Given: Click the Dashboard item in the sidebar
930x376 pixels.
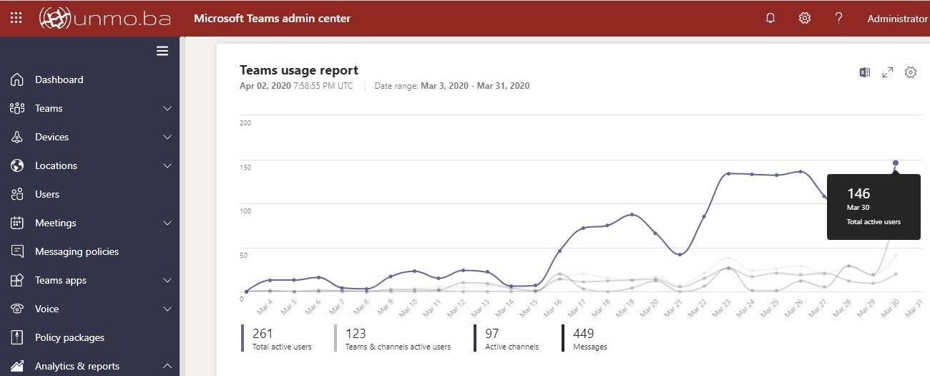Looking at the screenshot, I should (x=59, y=79).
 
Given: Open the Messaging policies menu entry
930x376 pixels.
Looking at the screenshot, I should (x=77, y=251).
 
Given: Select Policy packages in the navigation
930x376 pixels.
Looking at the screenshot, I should (x=69, y=337).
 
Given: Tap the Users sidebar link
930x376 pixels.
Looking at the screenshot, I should (x=47, y=194).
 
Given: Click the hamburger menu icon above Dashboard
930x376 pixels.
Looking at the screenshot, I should (x=162, y=51).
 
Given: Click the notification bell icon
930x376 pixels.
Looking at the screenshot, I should (x=770, y=19).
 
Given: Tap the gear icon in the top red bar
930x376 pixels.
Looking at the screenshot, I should (x=805, y=19).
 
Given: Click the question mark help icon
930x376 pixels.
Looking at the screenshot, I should (x=839, y=19).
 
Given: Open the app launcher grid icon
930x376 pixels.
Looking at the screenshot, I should (x=16, y=19).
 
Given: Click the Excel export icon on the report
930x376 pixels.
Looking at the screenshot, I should (x=865, y=72).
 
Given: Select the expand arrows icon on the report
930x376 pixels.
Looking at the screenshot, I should (x=888, y=72).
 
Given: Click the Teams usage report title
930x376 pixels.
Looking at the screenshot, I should (x=299, y=70).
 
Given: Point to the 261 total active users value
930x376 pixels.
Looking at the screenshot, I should (x=263, y=333).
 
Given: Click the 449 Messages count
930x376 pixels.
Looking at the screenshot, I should (x=584, y=333).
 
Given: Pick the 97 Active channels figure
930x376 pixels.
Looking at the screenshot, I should (x=492, y=333).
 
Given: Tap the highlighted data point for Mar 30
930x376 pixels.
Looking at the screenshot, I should (x=895, y=163).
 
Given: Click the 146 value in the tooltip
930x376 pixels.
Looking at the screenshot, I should (x=858, y=193).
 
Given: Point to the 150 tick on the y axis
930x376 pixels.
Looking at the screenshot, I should (x=245, y=167).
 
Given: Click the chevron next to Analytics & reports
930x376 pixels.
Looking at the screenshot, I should (x=167, y=366).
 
